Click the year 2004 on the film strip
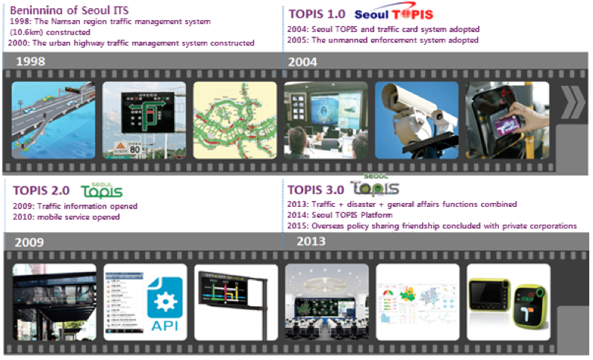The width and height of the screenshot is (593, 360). pos(304,61)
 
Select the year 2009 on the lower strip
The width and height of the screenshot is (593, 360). pos(28,242)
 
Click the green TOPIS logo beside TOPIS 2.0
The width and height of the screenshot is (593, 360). pos(101,191)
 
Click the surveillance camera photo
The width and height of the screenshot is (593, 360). pos(416,120)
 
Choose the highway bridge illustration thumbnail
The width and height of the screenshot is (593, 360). pos(54,120)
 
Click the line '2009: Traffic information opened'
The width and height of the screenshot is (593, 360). pos(75,205)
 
